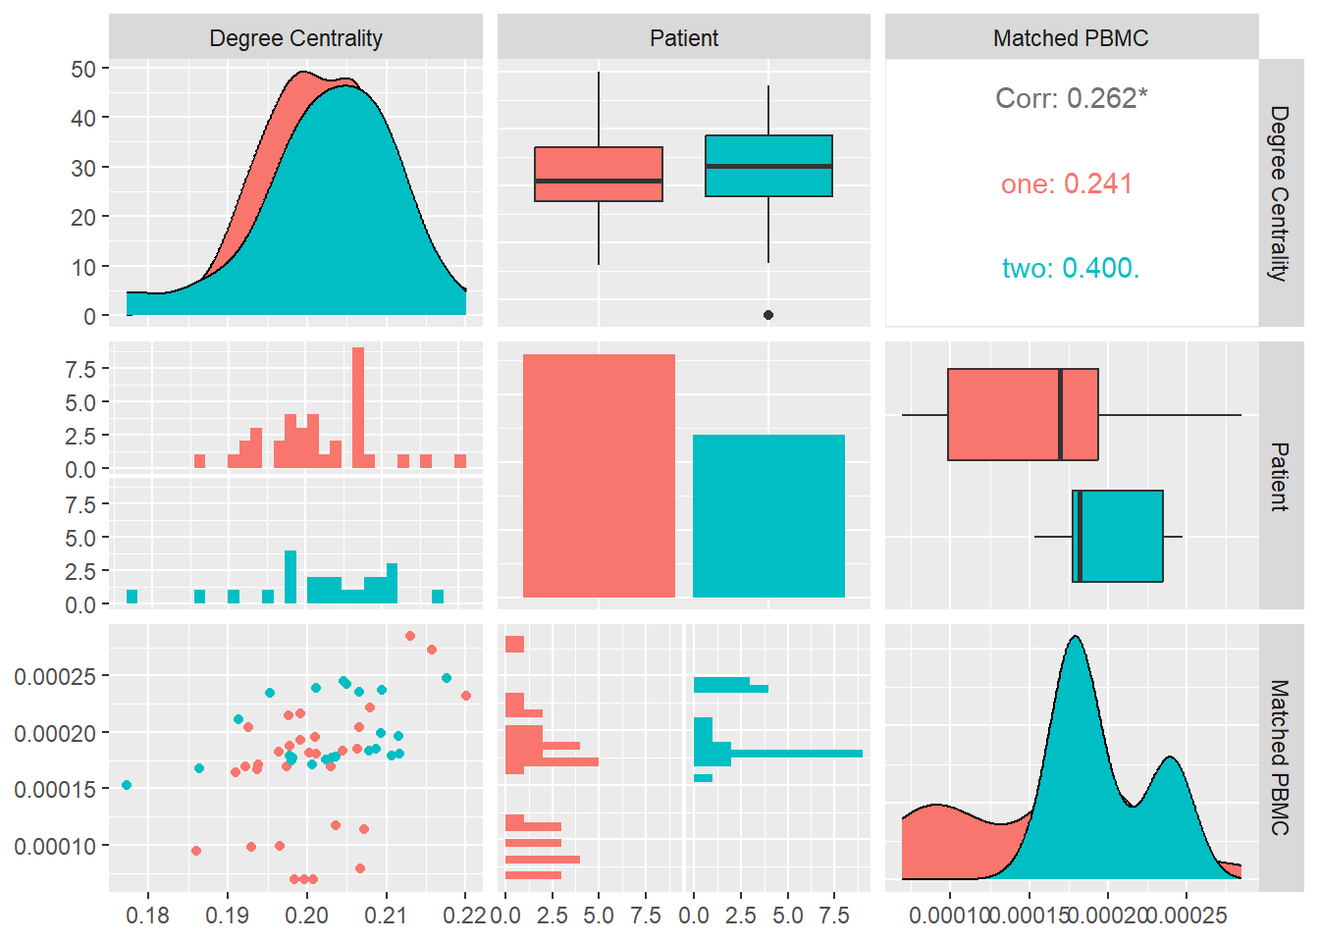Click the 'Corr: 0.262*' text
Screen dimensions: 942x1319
tap(1071, 98)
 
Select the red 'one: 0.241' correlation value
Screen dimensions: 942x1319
tap(1067, 183)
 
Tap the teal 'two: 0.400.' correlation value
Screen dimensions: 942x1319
tap(1071, 268)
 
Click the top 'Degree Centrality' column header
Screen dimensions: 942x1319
tap(295, 38)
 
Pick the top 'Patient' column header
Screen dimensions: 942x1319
tap(684, 38)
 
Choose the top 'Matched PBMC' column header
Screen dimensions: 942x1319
tap(1071, 38)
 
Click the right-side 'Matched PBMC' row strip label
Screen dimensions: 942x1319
tap(1280, 758)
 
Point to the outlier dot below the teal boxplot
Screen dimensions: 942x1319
tap(768, 315)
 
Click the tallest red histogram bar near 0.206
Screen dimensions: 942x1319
tap(358, 407)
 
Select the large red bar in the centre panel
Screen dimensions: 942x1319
tap(599, 476)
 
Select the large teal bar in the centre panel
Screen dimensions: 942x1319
tap(768, 516)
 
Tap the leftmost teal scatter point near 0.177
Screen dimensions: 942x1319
tap(127, 785)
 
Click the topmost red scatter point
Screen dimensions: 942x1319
tap(410, 636)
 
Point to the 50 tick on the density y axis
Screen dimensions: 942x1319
tap(83, 69)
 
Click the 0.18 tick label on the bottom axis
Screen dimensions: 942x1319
tap(148, 916)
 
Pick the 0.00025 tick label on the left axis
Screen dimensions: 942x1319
tap(55, 676)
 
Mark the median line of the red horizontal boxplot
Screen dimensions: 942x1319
tap(1061, 414)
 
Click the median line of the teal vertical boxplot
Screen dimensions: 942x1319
tap(768, 166)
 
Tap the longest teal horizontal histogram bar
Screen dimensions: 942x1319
tap(795, 754)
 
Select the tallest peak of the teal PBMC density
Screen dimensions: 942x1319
tap(1077, 638)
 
